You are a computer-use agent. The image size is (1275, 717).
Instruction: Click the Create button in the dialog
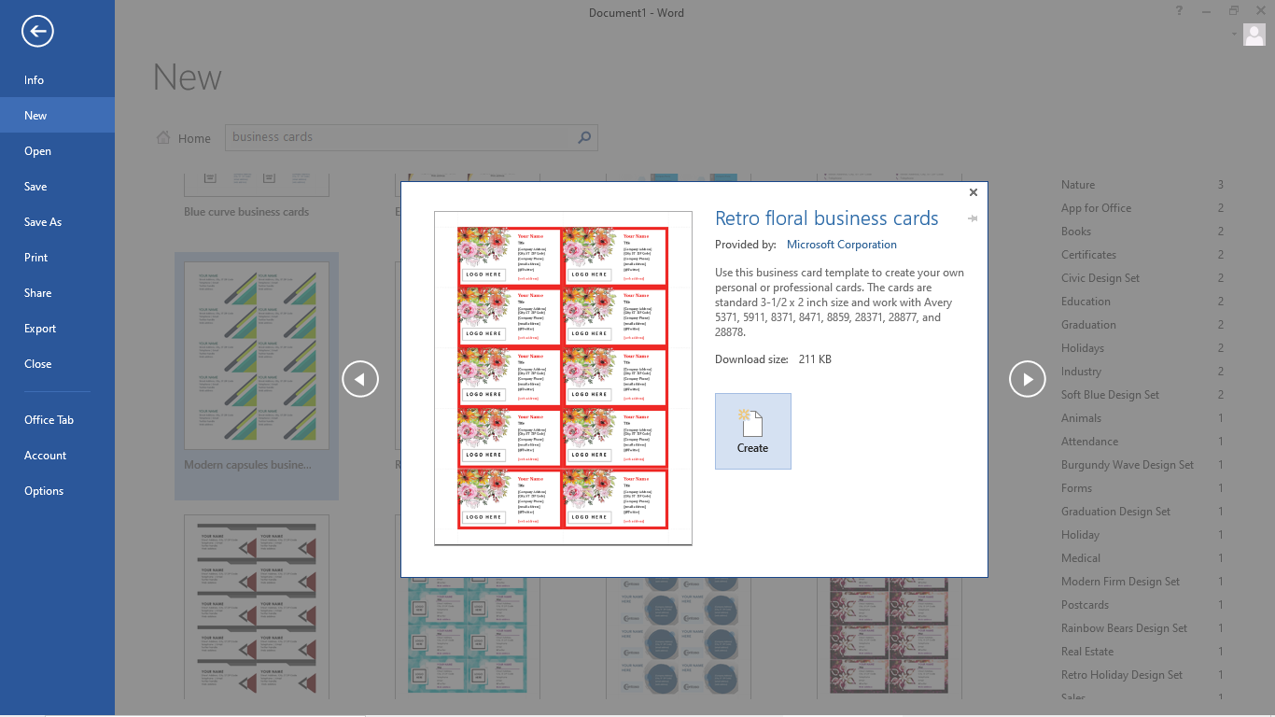click(752, 430)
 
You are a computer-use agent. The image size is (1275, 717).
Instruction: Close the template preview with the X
click(973, 192)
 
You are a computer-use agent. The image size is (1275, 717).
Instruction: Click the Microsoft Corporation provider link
click(841, 245)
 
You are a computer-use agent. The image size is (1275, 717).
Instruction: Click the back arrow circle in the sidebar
click(37, 32)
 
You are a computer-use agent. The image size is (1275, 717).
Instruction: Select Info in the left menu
click(35, 80)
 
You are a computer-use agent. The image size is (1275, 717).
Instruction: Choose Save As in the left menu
click(43, 222)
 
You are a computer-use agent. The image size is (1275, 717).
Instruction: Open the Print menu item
click(36, 258)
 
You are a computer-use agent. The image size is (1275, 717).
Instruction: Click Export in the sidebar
click(40, 329)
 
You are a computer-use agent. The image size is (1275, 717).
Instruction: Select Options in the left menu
click(44, 491)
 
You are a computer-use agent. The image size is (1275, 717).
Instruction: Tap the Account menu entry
click(45, 456)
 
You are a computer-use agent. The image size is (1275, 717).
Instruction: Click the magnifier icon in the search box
click(584, 137)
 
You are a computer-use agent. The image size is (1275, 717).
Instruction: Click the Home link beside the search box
click(184, 138)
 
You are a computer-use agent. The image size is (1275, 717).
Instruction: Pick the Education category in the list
click(1086, 302)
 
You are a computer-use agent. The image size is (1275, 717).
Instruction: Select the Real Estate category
click(1086, 652)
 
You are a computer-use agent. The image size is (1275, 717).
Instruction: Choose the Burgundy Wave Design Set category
click(1127, 465)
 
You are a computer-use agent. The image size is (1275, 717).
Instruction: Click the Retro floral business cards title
click(826, 218)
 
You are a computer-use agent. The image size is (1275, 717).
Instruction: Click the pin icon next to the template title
click(972, 218)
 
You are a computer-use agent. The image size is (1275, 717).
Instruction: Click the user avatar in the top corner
click(1254, 35)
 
